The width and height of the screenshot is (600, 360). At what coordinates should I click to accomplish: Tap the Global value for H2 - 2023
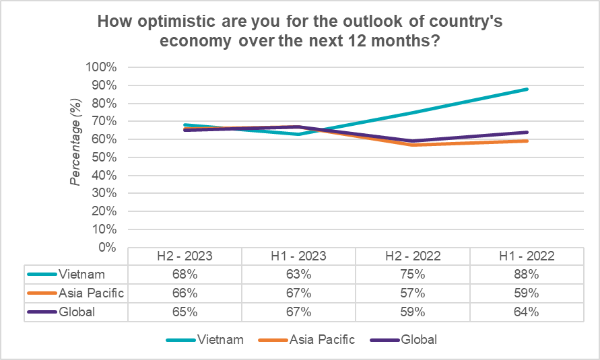click(x=185, y=312)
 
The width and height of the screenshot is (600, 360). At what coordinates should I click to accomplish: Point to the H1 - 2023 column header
click(x=299, y=256)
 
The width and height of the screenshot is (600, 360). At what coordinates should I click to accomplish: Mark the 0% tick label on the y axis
click(x=108, y=247)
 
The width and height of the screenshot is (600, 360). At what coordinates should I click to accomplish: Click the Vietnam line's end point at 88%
click(x=527, y=89)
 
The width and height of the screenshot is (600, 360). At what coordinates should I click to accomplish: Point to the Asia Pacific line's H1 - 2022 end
click(x=527, y=141)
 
